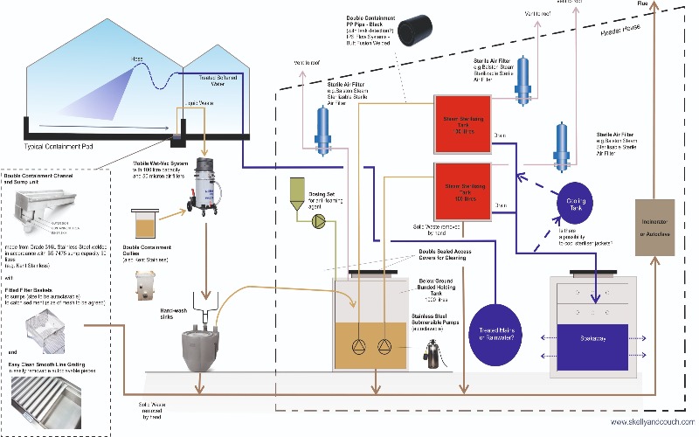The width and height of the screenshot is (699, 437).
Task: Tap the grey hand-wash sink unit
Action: (206, 343)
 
